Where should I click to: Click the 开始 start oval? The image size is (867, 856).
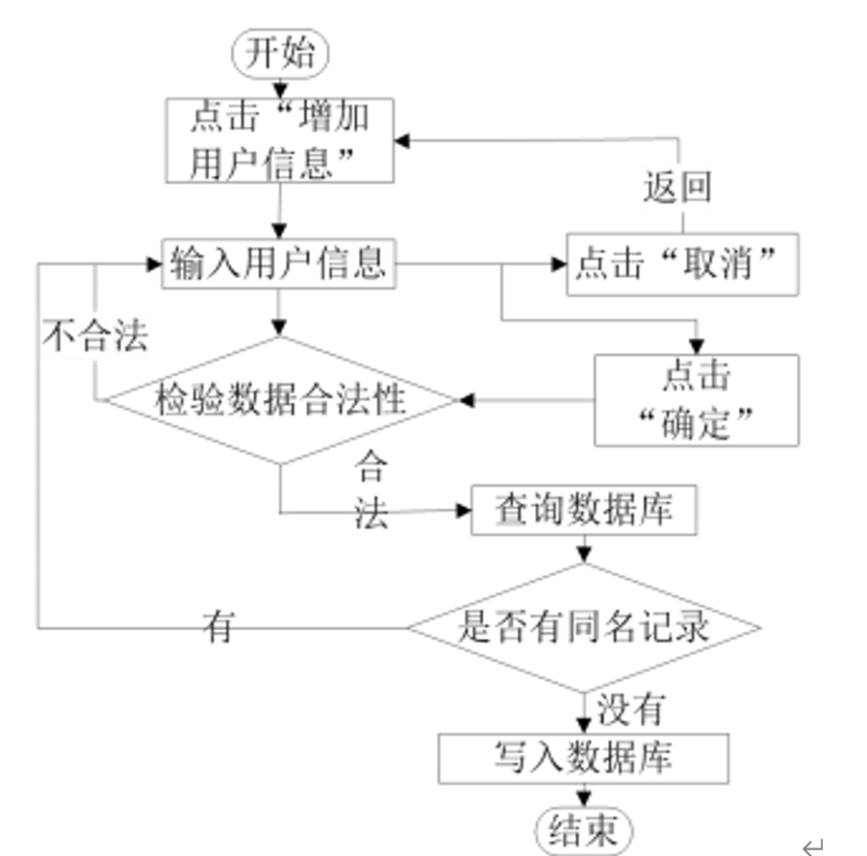[280, 53]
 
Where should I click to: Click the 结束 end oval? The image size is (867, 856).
[583, 830]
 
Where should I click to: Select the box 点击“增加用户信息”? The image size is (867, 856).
[279, 140]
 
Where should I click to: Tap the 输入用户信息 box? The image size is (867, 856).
[279, 263]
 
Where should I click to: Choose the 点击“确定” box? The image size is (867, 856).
[696, 399]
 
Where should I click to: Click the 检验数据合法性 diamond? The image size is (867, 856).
[280, 399]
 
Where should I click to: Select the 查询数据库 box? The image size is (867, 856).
[583, 510]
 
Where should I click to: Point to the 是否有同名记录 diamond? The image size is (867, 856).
[583, 627]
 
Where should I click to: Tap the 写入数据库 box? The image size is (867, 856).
[583, 758]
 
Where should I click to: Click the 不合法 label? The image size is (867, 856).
[94, 336]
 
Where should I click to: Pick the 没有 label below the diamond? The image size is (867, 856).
[630, 710]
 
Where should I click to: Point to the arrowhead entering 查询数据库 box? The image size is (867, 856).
[463, 511]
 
